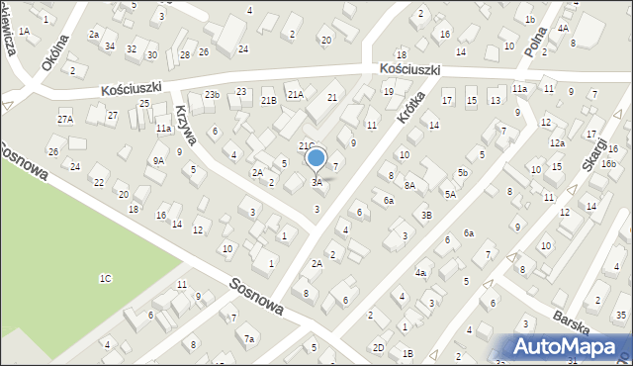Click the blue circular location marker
point(316,158)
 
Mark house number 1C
point(105,278)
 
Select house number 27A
point(65,120)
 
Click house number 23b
point(212,94)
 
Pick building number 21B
point(268,100)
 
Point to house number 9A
point(157,160)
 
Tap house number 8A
point(408,185)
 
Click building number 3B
point(426,215)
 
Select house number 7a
point(250,339)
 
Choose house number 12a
point(558,143)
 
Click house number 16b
point(608,164)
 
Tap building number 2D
point(378,347)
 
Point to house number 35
point(619,316)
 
